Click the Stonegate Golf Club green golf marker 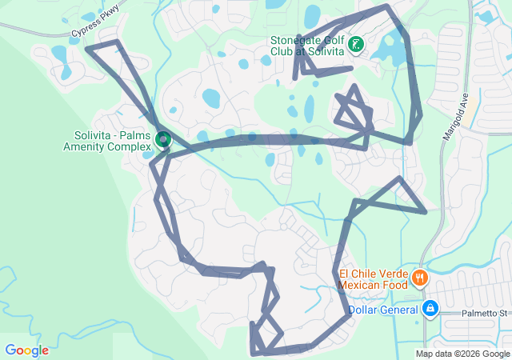coord(355,46)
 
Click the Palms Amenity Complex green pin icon coord(163,140)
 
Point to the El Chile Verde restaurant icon coord(419,278)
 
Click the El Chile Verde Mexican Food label coord(373,278)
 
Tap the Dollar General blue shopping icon coord(430,308)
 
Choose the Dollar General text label coord(382,310)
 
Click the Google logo coord(26,350)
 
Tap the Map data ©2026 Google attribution coord(462,354)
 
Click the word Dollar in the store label coord(363,310)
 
